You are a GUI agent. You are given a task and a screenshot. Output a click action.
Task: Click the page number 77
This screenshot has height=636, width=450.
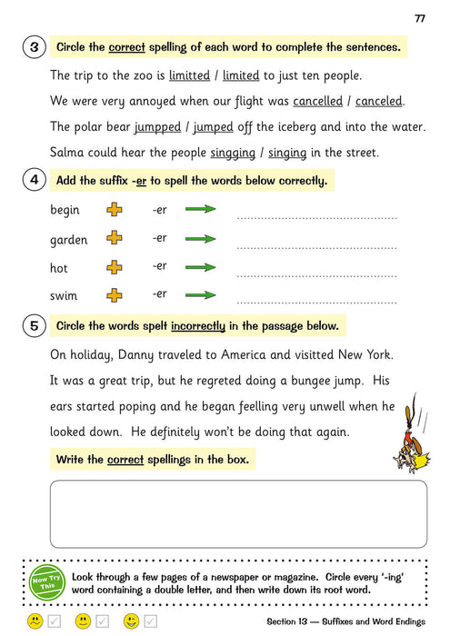pyautogui.click(x=420, y=18)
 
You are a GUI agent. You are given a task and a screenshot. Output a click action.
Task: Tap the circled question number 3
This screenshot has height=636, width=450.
pyautogui.click(x=34, y=46)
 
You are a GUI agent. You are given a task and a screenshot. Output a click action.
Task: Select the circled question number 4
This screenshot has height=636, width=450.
pyautogui.click(x=34, y=180)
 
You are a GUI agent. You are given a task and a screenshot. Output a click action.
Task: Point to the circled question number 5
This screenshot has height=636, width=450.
pyautogui.click(x=34, y=325)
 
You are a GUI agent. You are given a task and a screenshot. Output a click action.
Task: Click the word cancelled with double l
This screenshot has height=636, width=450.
pyautogui.click(x=317, y=101)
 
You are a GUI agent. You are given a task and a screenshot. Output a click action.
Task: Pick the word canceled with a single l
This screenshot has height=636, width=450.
pyautogui.click(x=379, y=101)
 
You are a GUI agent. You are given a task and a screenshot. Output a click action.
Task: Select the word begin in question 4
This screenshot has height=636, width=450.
pyautogui.click(x=65, y=210)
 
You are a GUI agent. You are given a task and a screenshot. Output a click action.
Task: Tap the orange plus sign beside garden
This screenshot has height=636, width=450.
pyautogui.click(x=115, y=239)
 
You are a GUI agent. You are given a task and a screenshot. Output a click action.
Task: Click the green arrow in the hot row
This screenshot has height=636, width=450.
pyautogui.click(x=200, y=267)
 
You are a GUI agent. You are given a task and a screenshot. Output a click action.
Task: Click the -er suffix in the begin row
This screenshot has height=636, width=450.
pyautogui.click(x=160, y=210)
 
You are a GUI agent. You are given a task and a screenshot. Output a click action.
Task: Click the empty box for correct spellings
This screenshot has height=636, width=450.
pyautogui.click(x=238, y=513)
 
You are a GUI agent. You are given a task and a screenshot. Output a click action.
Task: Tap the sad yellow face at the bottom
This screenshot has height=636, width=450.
pyautogui.click(x=35, y=621)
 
